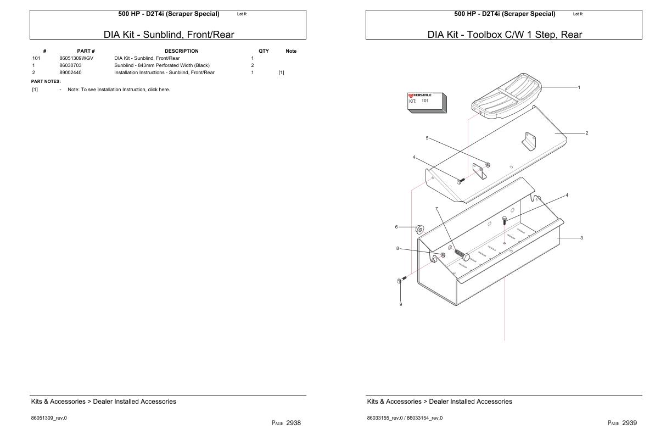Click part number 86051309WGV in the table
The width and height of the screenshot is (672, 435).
coord(73,58)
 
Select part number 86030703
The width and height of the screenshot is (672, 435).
coord(70,65)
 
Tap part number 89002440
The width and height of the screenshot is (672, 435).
coord(70,72)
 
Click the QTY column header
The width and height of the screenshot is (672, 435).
coord(264,51)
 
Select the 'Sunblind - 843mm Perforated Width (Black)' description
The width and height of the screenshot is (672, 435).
coord(162,65)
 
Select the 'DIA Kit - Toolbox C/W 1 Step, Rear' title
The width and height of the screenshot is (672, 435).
coord(505,35)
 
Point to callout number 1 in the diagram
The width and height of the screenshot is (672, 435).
coord(579,87)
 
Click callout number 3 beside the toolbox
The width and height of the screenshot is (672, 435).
coord(581,238)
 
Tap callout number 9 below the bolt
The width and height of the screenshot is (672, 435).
coord(400,304)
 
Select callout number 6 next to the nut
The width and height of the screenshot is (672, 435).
coord(396,226)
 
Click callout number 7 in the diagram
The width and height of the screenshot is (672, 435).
coord(436,209)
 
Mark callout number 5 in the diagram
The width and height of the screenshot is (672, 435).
coord(427,138)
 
